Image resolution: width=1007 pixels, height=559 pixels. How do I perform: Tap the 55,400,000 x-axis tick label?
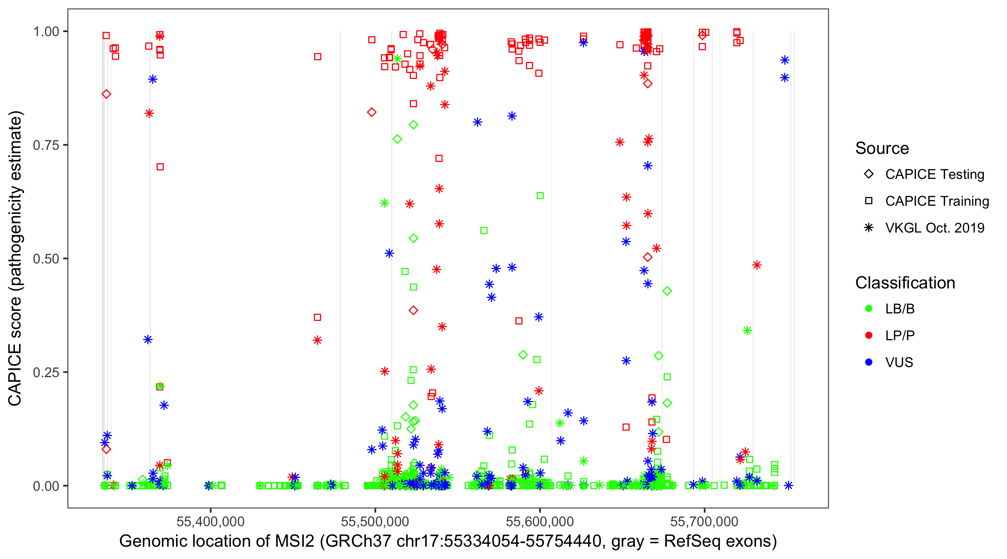(x=210, y=521)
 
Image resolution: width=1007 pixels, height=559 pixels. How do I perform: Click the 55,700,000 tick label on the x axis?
(x=705, y=521)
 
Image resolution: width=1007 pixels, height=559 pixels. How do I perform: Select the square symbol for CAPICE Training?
(x=869, y=201)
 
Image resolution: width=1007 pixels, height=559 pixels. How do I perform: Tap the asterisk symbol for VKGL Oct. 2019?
(x=869, y=228)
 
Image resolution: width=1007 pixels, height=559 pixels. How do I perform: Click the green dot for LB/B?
(x=869, y=309)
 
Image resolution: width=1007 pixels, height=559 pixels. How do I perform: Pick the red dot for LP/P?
(x=869, y=335)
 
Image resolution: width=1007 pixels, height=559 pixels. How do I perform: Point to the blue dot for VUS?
(x=869, y=362)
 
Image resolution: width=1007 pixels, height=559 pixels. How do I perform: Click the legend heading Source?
(x=882, y=148)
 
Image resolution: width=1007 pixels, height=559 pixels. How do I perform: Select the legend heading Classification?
(x=905, y=283)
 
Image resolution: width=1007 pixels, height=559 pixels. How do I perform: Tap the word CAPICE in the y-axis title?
(x=15, y=375)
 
